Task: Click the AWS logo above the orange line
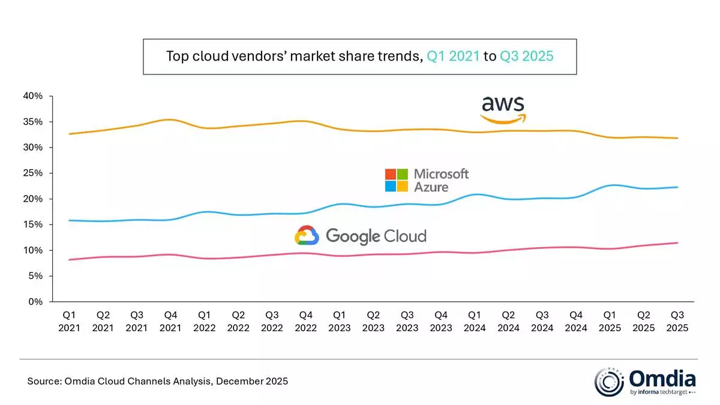(503, 109)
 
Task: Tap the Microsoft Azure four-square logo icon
(396, 180)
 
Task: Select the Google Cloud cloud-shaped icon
(307, 235)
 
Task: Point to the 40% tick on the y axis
(34, 96)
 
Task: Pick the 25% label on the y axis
(34, 173)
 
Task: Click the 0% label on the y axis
(36, 302)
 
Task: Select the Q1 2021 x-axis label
(69, 322)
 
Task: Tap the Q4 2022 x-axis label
(307, 322)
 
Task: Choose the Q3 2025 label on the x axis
(678, 322)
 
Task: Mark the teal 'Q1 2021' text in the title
(454, 57)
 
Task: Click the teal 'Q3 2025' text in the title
(526, 57)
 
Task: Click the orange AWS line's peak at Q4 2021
(171, 119)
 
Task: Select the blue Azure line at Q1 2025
(610, 185)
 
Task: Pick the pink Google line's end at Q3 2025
(678, 243)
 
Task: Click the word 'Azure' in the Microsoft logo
(431, 187)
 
